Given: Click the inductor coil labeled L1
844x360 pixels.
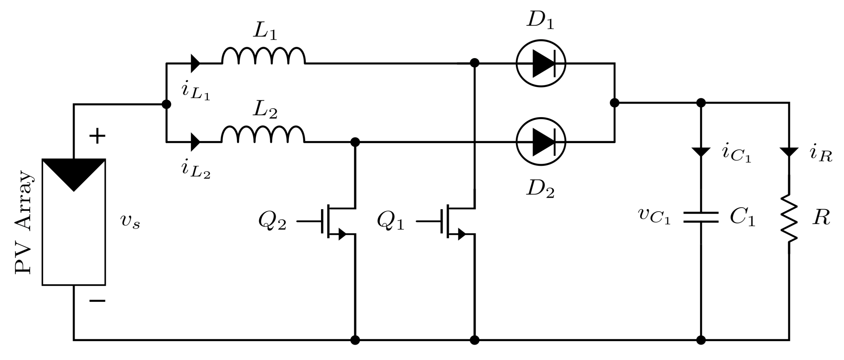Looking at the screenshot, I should click(264, 56).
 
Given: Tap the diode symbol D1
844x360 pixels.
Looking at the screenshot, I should click(541, 63).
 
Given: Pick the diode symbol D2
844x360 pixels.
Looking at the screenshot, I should click(541, 142).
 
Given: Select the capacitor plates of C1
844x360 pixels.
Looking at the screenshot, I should click(701, 218).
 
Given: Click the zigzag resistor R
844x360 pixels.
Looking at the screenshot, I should click(789, 219).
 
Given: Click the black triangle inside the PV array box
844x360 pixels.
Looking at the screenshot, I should click(74, 172).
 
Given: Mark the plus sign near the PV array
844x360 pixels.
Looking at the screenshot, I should click(97, 136).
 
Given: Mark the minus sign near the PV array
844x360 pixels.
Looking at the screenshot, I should click(97, 300).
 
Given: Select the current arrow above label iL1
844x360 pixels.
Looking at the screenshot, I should click(195, 63).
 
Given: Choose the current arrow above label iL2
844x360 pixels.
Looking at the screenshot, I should click(195, 142).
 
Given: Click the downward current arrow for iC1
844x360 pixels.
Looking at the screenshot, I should click(701, 152).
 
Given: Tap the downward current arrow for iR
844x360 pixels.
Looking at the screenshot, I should click(789, 152).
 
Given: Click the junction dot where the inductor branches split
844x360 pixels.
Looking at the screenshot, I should click(166, 104).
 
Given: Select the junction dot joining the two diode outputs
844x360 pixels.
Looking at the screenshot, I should click(615, 103).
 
